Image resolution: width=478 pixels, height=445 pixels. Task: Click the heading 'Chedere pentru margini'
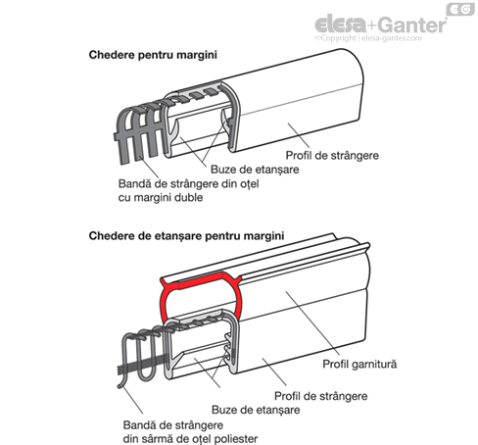pos(153,55)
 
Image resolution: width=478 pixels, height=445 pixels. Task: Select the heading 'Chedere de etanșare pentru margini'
pos(186,236)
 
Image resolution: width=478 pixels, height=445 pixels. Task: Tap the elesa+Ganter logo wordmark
pos(381,25)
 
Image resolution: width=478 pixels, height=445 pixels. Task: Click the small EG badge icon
pos(460,9)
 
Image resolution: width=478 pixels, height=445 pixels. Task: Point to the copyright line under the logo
pos(368,38)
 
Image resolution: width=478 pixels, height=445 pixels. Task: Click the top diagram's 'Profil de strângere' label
pos(332,155)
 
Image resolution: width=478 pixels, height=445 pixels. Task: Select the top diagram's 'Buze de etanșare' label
pos(255,170)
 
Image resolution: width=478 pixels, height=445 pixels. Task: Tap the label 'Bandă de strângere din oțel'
pos(189,183)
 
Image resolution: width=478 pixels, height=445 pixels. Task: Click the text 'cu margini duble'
pos(161,198)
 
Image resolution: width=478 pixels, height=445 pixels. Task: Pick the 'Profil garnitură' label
pos(359,364)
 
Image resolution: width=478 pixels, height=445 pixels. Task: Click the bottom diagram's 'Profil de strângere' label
pos(321,396)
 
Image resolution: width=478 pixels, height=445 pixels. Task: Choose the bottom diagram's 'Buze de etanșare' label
pos(256,410)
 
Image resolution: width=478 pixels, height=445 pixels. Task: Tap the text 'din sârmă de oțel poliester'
pos(190,438)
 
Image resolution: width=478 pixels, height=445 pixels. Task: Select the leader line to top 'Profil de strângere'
pos(299,135)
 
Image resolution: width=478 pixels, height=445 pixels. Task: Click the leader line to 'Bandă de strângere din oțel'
pos(148,168)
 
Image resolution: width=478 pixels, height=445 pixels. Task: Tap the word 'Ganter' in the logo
pos(413,25)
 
